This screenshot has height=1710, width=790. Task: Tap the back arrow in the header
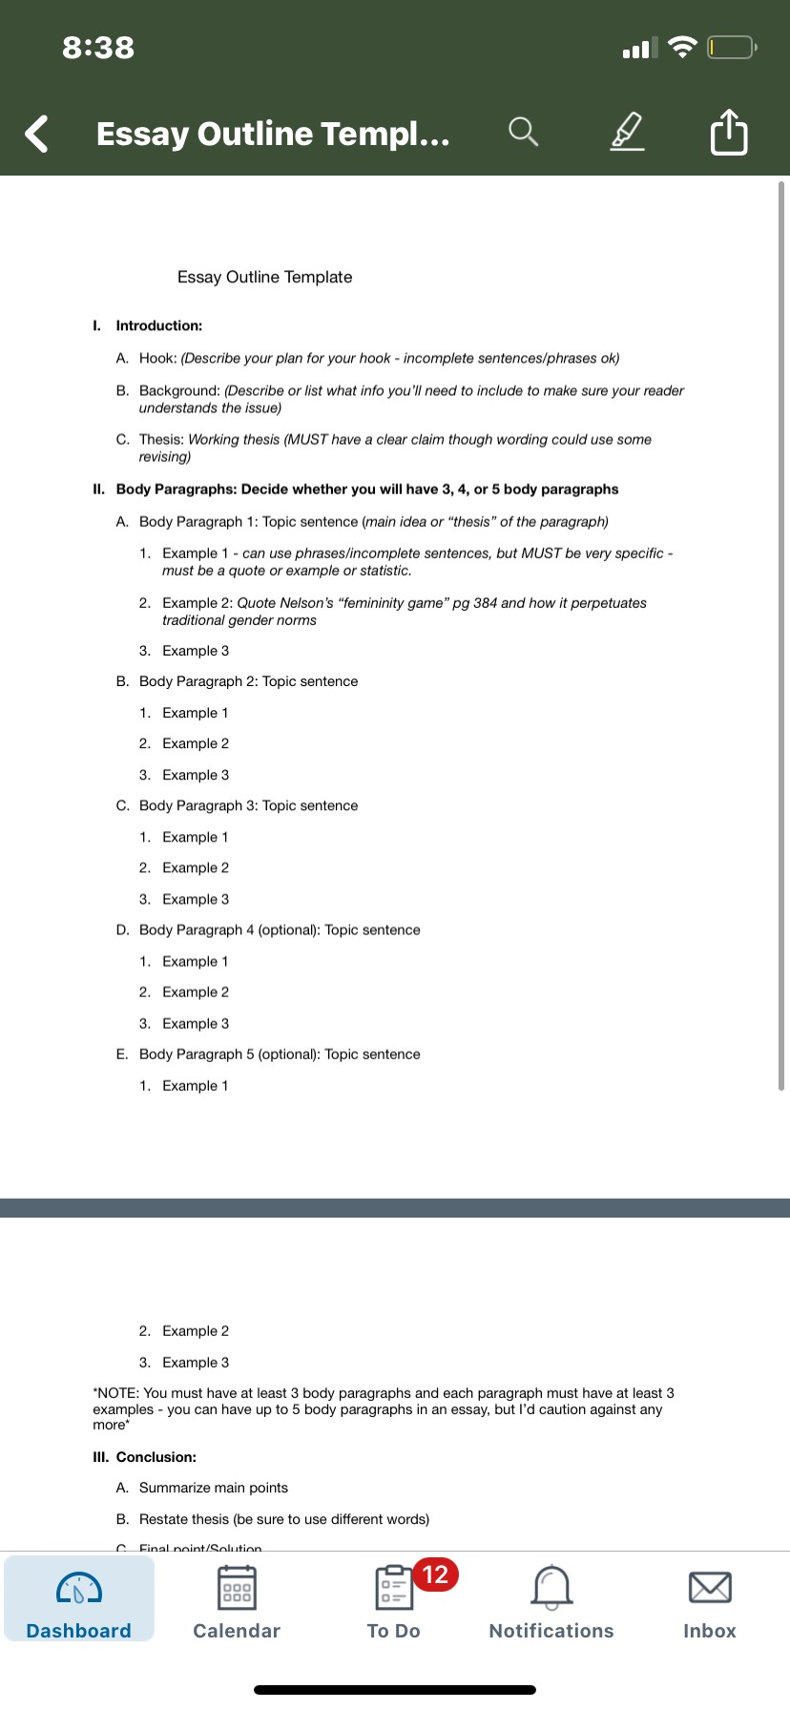point(36,134)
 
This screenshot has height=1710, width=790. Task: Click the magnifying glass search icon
point(523,132)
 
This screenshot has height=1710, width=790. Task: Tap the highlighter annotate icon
point(626,132)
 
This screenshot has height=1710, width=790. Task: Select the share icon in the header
point(729,132)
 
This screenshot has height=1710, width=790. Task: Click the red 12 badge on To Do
point(435,1574)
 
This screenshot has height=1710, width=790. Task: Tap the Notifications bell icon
point(551,1587)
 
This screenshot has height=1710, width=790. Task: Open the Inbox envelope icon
point(710,1587)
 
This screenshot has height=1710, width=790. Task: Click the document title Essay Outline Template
point(264,277)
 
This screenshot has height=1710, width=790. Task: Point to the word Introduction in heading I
point(158,325)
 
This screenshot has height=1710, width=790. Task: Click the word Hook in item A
point(157,358)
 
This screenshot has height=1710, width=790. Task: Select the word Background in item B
point(179,390)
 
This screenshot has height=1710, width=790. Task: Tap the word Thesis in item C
point(161,439)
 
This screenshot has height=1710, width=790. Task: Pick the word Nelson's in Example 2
point(307,603)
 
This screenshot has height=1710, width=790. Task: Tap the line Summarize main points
point(214,1488)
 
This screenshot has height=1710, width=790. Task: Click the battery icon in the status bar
point(731,47)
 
